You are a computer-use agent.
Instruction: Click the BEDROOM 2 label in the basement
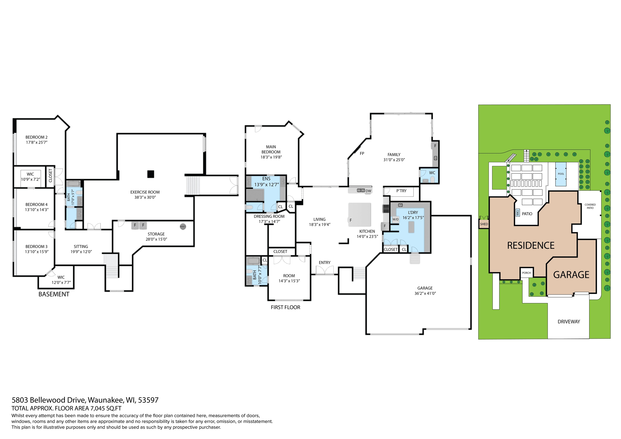click(x=37, y=137)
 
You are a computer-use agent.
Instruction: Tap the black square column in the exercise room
click(x=151, y=174)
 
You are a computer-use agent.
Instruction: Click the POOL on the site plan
click(x=561, y=174)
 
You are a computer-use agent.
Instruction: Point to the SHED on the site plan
click(x=484, y=224)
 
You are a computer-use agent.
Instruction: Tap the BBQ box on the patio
click(x=518, y=213)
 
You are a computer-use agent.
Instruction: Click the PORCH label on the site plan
click(x=526, y=273)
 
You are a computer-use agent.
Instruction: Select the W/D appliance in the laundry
click(x=395, y=219)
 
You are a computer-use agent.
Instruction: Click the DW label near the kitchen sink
click(x=368, y=191)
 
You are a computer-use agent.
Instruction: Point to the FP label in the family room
click(x=362, y=154)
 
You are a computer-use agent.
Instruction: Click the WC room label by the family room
click(x=432, y=173)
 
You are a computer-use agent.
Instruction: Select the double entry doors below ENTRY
click(x=325, y=270)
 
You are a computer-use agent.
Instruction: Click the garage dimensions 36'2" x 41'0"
click(x=425, y=293)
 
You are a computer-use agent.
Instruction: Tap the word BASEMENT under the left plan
click(x=54, y=294)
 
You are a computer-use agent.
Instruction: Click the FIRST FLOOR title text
click(x=286, y=307)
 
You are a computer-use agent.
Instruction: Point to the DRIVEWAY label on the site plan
click(x=569, y=322)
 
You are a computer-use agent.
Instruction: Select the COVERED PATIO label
click(x=590, y=206)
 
